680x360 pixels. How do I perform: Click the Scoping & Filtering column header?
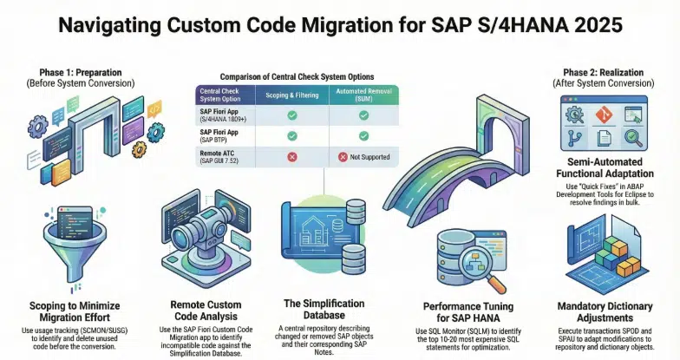[291, 93]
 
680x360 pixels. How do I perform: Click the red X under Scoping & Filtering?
[291, 156]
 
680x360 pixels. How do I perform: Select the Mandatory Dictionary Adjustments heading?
[602, 311]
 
